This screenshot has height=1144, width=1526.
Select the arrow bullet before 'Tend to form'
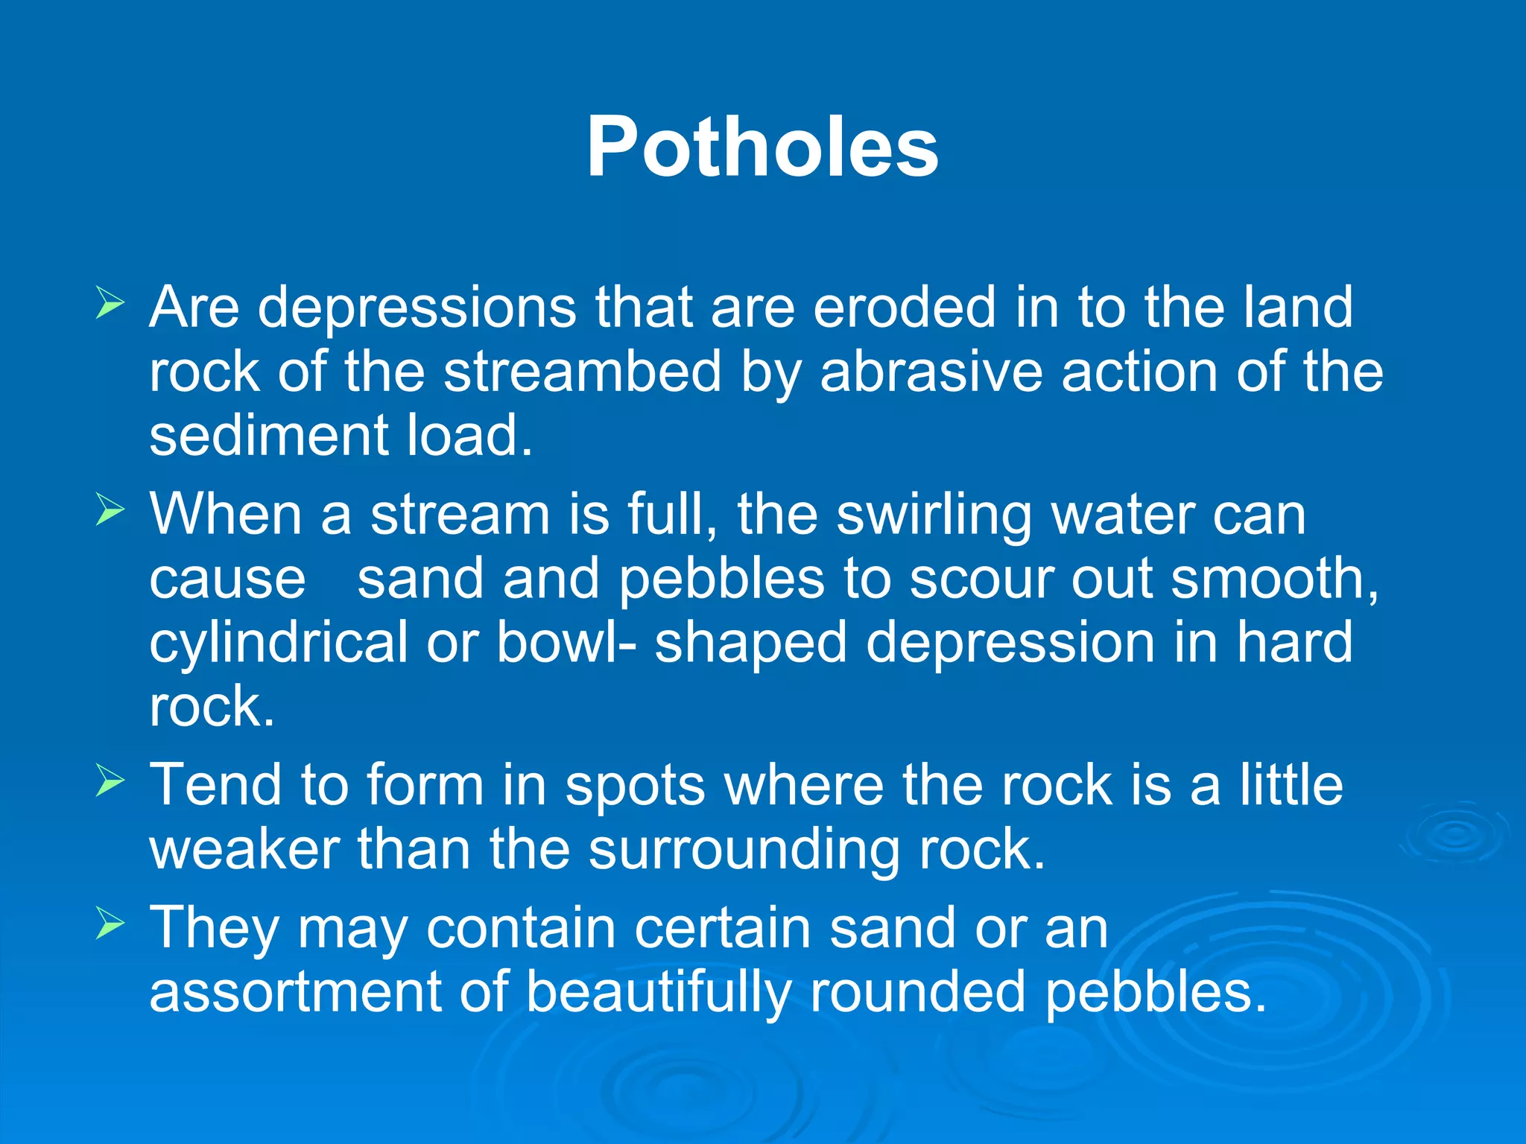(110, 782)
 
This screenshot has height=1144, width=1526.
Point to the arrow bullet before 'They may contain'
(110, 925)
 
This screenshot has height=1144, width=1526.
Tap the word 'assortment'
(295, 992)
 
